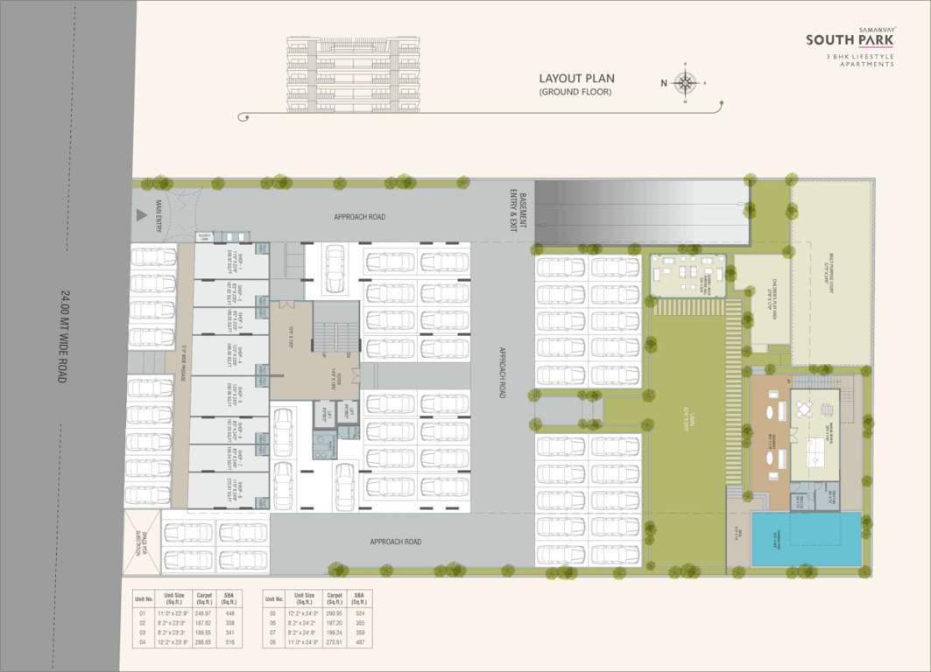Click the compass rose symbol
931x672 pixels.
685,83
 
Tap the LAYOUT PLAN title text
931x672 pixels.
576,78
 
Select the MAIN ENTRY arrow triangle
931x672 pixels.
140,214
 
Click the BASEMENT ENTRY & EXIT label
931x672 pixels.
523,210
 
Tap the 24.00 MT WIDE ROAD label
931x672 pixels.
64,336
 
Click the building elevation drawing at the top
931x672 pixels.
353,74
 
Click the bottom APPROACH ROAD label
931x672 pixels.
395,542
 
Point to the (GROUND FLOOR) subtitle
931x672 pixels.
575,92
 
